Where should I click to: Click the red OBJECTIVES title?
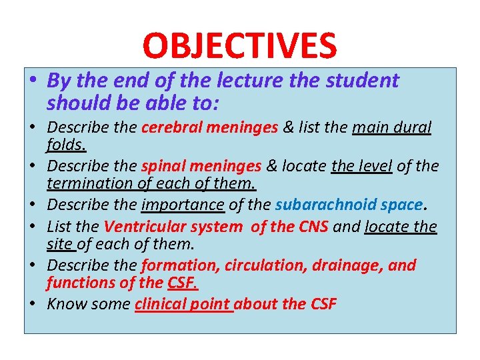(x=239, y=45)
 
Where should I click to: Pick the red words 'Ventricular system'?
(x=173, y=227)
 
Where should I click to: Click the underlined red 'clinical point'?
(x=183, y=305)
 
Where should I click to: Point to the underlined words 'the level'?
(x=361, y=166)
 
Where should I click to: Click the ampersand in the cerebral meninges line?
(x=288, y=127)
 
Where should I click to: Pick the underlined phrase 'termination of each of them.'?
(x=152, y=182)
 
